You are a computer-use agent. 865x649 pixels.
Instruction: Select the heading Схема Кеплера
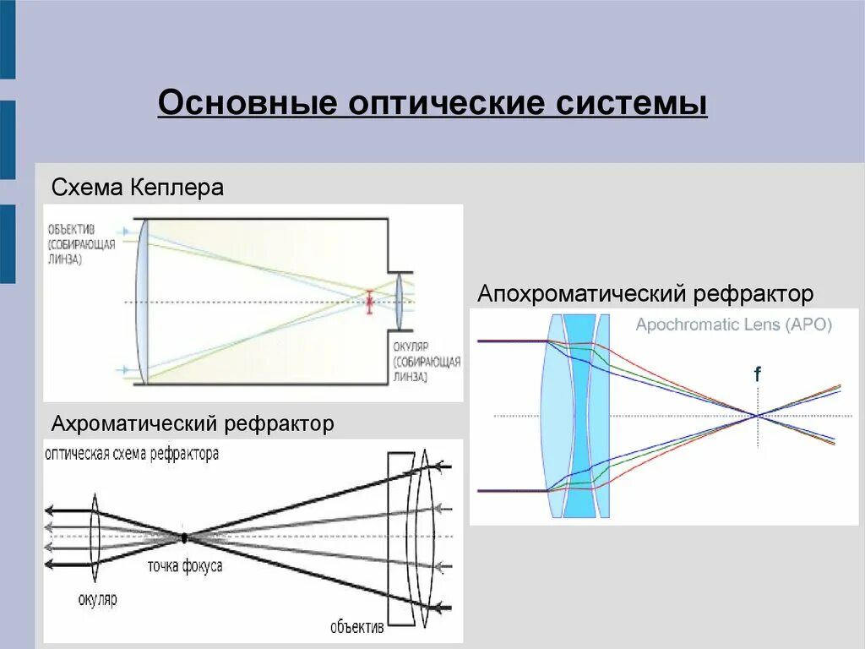(138, 187)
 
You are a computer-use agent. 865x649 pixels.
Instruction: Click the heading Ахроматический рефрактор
(193, 423)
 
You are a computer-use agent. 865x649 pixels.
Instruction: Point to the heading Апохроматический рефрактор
(645, 294)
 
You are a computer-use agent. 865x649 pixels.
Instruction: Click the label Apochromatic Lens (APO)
(733, 324)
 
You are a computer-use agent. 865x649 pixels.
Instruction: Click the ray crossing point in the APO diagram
(758, 415)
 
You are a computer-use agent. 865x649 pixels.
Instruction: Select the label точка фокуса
(185, 566)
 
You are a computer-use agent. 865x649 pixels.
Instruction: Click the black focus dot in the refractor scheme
(183, 537)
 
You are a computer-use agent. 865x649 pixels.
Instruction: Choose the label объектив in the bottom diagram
(357, 627)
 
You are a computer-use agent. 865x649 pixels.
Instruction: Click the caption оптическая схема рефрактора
(133, 454)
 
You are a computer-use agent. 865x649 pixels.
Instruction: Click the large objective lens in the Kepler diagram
(142, 302)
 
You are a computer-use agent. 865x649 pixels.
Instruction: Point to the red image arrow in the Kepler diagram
(368, 302)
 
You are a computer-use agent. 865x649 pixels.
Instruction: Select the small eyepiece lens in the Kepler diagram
(398, 302)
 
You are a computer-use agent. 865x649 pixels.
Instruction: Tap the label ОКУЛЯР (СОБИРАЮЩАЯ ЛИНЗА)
(426, 362)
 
